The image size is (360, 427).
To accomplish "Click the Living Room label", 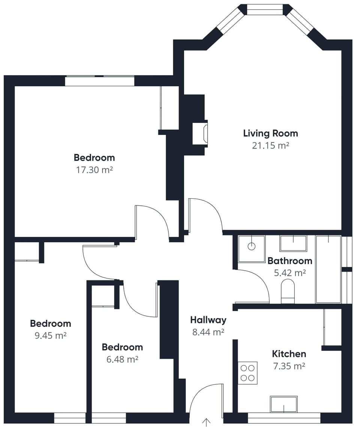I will [270, 133].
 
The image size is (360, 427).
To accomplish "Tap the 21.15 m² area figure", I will [270, 145].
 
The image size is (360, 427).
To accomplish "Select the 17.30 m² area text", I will [94, 170].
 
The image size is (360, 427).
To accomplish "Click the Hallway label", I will [208, 320].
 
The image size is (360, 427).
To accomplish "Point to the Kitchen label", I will [289, 354].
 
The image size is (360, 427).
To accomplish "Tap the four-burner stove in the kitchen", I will [247, 373].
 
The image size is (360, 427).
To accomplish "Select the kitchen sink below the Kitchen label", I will [283, 404].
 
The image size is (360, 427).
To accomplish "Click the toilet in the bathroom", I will [288, 292].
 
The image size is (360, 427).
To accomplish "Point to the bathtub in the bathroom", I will [328, 269].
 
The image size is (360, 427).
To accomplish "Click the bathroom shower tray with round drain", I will [252, 249].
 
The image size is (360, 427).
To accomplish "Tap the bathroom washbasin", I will [293, 243].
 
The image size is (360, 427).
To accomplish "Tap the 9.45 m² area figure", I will [50, 336].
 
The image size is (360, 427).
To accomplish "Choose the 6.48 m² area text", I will [122, 360].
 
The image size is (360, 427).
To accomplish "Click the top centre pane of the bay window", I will [265, 9].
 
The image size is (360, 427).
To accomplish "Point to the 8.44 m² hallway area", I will [208, 332].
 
